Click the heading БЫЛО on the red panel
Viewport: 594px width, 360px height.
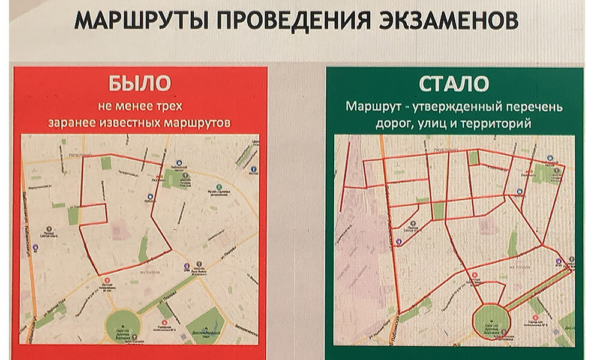tap(140, 83)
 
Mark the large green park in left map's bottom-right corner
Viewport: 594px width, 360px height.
tap(205, 326)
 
